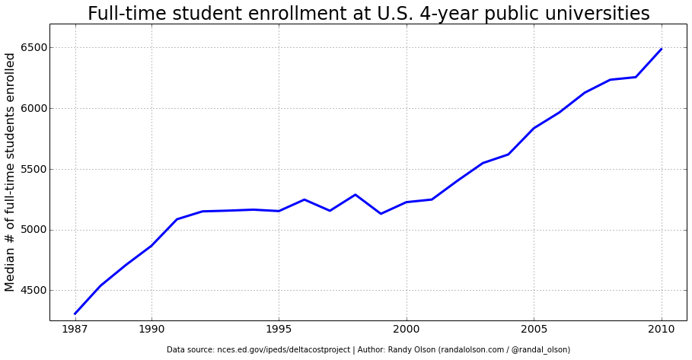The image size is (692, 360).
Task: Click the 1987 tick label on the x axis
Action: [75, 330]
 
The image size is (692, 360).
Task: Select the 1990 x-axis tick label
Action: [151, 330]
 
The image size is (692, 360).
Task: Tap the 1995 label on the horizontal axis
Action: [279, 330]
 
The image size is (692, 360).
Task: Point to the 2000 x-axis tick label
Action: [407, 330]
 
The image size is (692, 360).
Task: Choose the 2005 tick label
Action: [534, 330]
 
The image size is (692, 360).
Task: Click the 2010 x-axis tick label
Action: [662, 330]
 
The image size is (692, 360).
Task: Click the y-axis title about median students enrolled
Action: [10, 172]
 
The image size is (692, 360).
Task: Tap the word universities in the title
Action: [603, 14]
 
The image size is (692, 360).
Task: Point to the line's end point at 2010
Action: [662, 49]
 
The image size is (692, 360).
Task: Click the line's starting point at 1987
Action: [75, 314]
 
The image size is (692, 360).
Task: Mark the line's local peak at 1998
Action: [356, 195]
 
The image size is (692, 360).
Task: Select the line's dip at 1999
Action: [381, 214]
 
